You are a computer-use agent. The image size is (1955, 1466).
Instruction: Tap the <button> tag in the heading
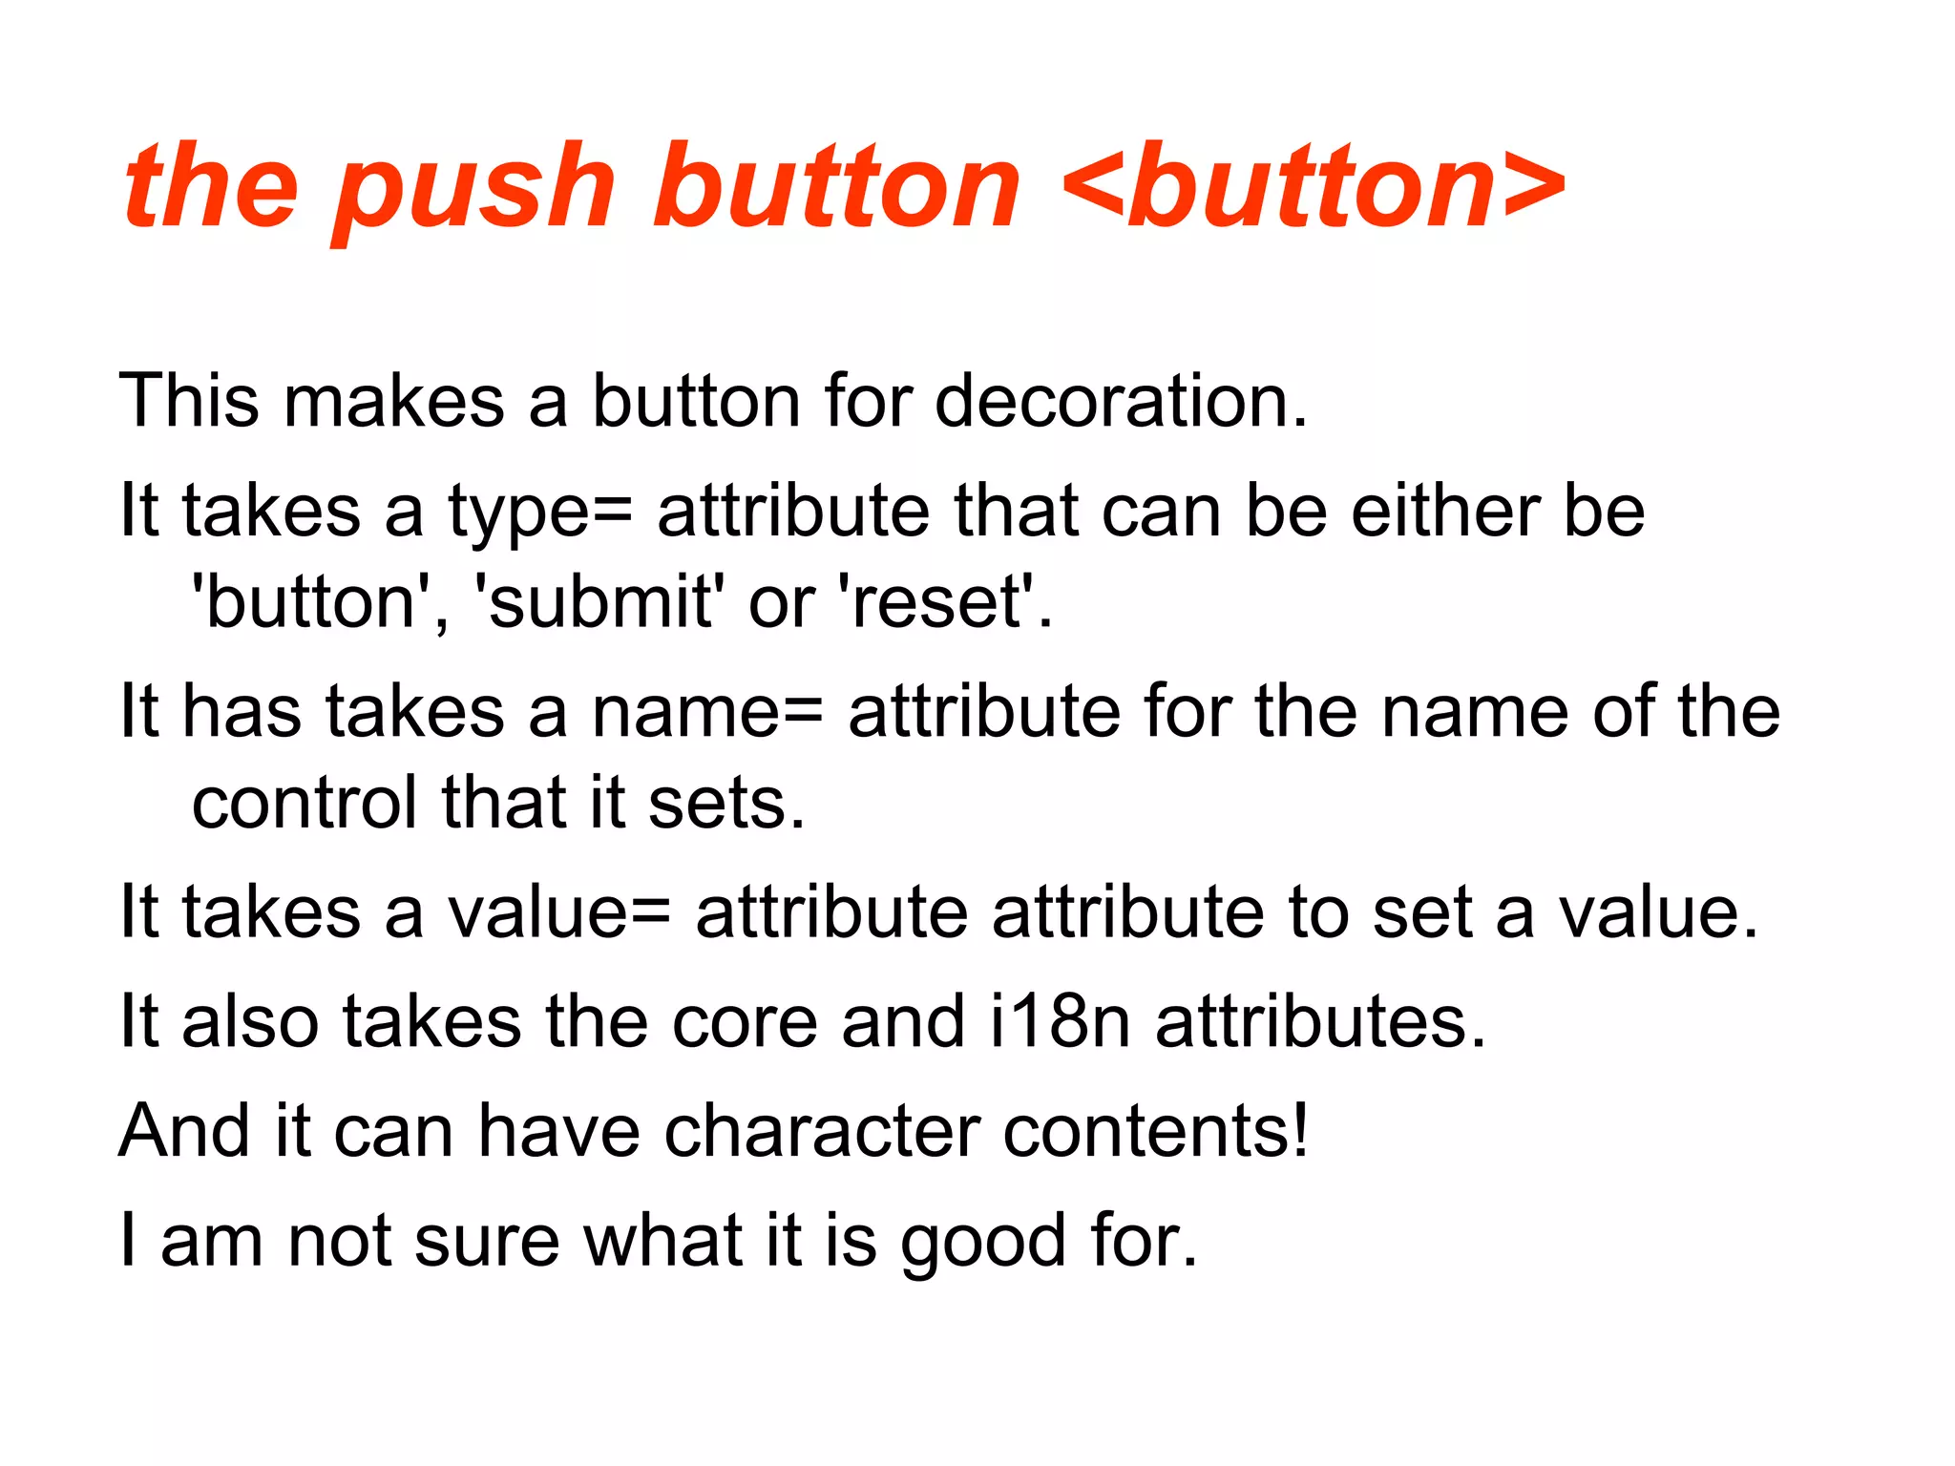(1313, 186)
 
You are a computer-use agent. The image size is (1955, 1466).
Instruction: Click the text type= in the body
(539, 513)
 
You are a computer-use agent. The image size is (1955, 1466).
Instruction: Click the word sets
(725, 803)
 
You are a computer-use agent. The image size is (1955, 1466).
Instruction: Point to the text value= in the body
(559, 912)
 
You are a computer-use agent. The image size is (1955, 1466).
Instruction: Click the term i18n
(1061, 1022)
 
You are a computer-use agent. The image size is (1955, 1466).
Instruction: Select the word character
(822, 1132)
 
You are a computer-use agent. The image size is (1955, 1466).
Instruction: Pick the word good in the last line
(983, 1242)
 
